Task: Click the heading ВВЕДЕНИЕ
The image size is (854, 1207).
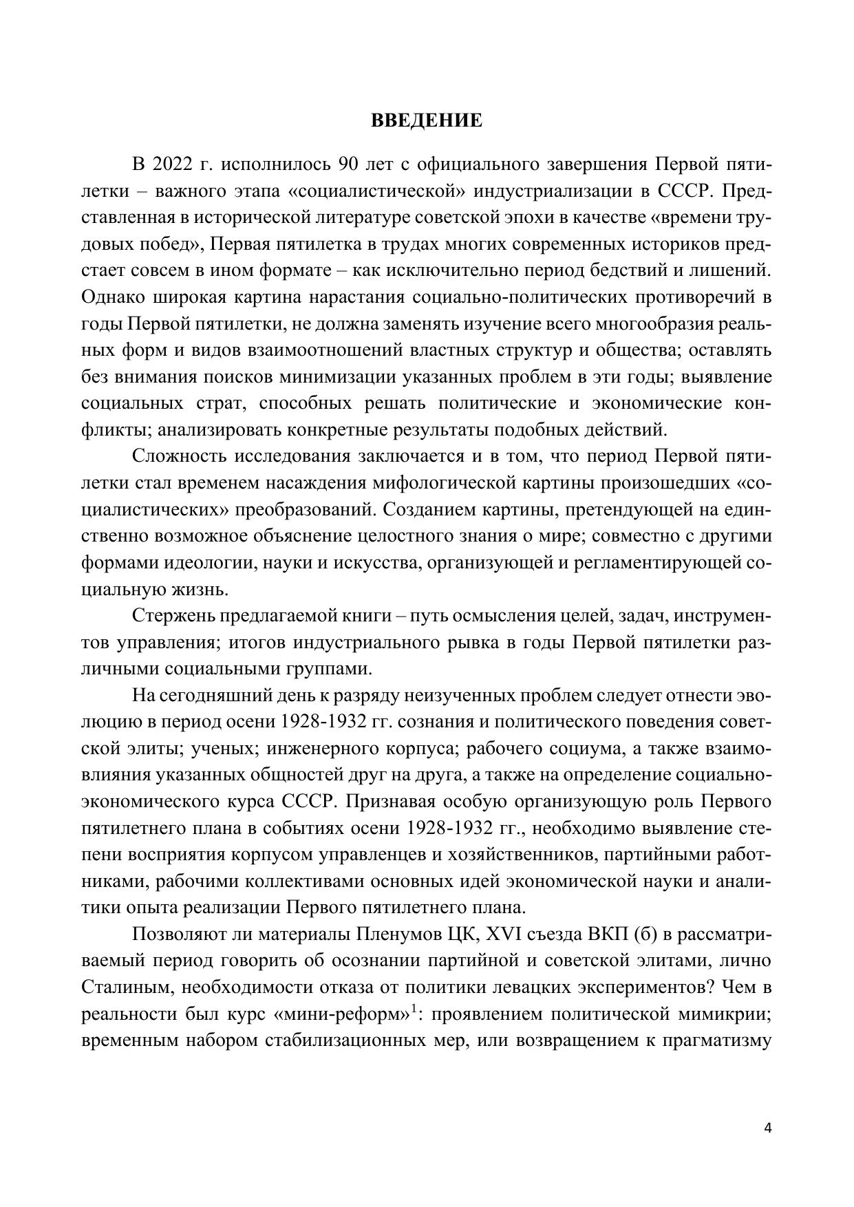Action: click(x=427, y=121)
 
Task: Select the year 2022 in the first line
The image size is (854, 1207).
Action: click(x=175, y=165)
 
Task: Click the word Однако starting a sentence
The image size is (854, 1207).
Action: click(x=108, y=298)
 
